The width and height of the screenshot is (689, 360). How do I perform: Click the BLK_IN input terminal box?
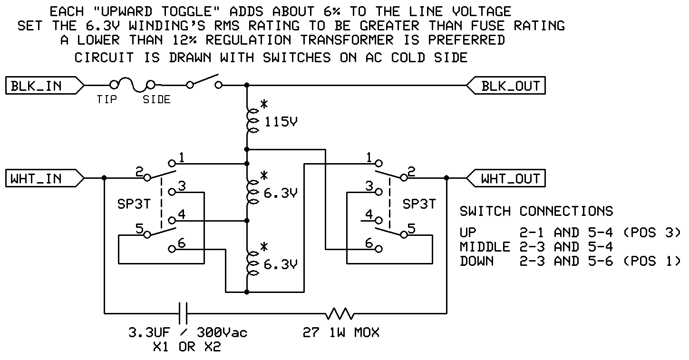[45, 85]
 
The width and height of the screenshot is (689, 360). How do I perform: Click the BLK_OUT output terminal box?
[506, 85]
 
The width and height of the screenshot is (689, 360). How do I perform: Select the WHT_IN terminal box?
[45, 178]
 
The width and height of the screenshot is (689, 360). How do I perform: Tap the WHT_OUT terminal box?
[506, 178]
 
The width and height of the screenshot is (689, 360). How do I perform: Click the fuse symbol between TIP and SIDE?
[132, 85]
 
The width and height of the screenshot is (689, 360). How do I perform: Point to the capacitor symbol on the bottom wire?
[183, 313]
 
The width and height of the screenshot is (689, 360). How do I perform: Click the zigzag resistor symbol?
[340, 313]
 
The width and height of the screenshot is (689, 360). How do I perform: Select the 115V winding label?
[281, 122]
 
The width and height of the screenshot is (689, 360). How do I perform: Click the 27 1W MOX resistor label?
[341, 332]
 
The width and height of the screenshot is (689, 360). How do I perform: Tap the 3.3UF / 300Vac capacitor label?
[188, 332]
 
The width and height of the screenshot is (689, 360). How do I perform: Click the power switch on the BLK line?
[204, 81]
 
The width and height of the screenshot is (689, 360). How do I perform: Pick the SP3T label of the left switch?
[134, 204]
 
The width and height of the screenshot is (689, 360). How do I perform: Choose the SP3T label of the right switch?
[419, 204]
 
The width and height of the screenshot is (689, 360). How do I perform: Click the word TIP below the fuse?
[107, 99]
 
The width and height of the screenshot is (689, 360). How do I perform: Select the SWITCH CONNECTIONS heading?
[536, 211]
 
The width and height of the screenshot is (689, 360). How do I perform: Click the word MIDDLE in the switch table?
[485, 247]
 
